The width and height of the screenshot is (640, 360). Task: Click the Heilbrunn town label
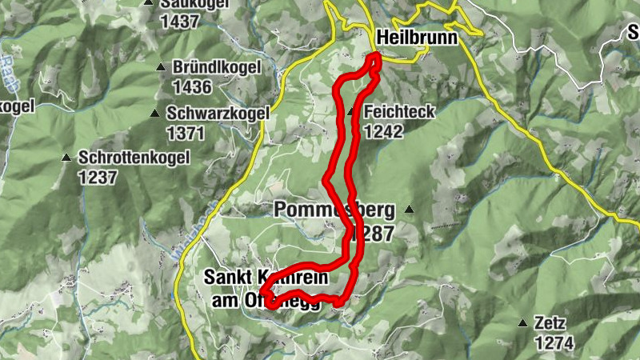click(416, 38)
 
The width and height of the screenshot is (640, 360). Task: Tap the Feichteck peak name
click(399, 112)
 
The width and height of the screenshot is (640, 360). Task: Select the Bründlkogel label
click(216, 68)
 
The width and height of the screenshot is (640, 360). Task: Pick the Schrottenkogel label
click(134, 158)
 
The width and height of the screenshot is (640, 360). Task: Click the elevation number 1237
click(98, 176)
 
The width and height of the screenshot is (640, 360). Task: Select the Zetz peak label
click(552, 325)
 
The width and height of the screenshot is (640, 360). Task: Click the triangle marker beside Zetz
click(522, 324)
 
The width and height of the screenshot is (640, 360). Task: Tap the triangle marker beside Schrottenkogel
click(66, 158)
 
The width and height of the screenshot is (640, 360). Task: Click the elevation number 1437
click(179, 21)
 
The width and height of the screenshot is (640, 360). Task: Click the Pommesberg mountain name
click(334, 210)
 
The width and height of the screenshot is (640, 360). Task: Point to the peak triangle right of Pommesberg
click(410, 210)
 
